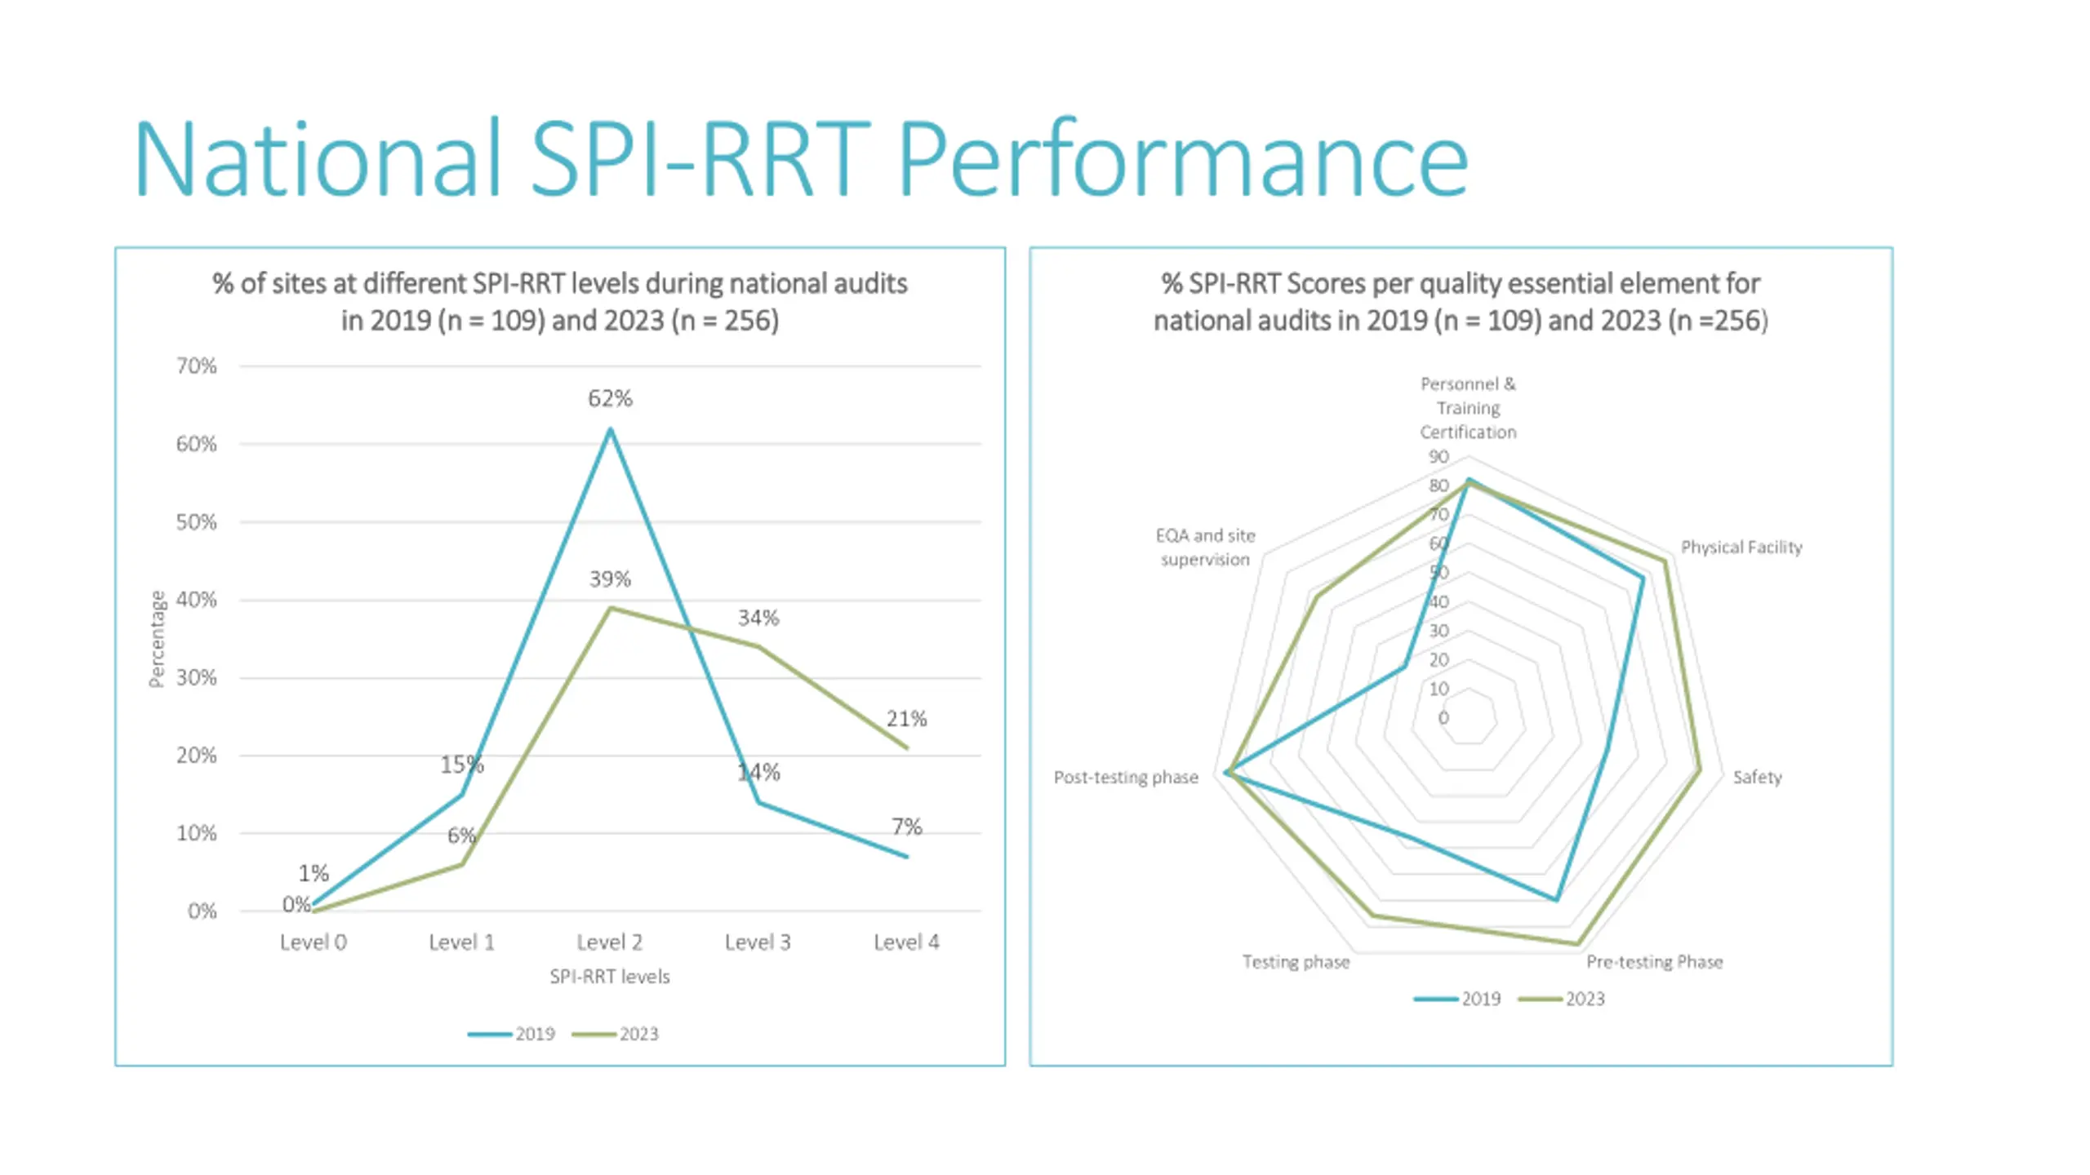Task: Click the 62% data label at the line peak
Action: pos(610,399)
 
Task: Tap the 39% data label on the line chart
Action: pos(610,579)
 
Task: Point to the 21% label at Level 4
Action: pos(906,719)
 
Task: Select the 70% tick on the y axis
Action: pos(197,366)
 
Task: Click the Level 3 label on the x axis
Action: pos(758,942)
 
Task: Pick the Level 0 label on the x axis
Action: pos(313,942)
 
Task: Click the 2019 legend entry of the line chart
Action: pos(512,1034)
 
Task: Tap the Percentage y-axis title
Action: pos(156,639)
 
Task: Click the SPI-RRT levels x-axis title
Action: pos(609,977)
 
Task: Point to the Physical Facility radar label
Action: pos(1741,548)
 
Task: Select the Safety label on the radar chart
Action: pos(1757,778)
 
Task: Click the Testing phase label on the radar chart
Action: pos(1296,962)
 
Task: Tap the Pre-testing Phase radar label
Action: pos(1654,962)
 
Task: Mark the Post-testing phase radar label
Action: pos(1126,778)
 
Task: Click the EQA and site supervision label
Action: pos(1205,548)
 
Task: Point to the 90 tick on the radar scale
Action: pos(1438,457)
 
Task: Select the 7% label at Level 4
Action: pos(906,827)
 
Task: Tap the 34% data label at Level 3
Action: pos(758,618)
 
